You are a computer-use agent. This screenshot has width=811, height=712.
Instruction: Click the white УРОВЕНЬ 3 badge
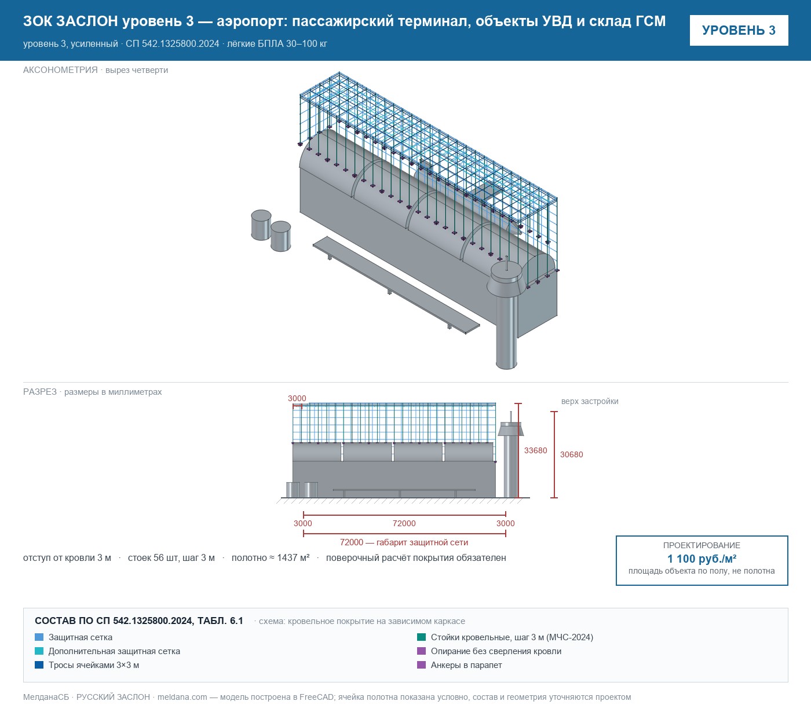[739, 31]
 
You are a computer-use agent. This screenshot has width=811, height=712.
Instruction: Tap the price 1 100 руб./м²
[702, 559]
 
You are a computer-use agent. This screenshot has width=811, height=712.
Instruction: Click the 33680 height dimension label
[535, 450]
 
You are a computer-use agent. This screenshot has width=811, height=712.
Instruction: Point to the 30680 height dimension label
[571, 454]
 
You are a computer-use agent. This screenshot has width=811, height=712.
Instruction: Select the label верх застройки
[589, 401]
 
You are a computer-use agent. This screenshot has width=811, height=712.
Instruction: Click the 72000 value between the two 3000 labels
[404, 523]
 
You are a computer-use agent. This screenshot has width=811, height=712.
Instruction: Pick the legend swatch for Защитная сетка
[39, 637]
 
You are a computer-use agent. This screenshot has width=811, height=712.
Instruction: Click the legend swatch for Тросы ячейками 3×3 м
[39, 665]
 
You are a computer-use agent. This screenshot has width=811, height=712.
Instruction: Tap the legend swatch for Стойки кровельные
[421, 637]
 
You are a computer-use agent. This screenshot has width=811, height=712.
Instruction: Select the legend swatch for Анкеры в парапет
[421, 665]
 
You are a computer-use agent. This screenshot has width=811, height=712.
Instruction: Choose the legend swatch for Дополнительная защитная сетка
[39, 651]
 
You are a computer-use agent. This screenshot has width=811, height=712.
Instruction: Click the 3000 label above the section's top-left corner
[297, 398]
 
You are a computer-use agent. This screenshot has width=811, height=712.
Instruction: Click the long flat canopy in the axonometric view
[396, 285]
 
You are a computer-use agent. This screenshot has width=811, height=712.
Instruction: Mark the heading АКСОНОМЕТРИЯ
[60, 70]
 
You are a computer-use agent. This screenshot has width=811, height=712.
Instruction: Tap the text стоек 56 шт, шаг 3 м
[171, 557]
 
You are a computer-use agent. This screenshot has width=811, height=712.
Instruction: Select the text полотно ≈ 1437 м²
[270, 557]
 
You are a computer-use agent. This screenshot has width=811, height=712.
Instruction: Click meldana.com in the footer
[182, 697]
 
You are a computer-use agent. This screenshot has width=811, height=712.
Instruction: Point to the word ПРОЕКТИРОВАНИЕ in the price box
[702, 545]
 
